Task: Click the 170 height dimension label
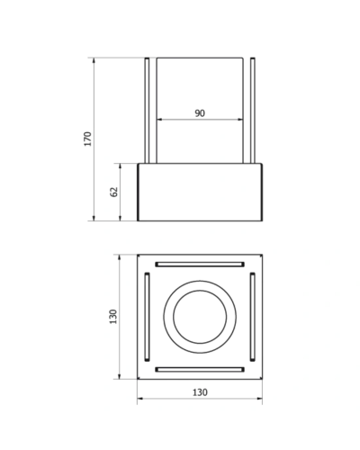click(x=87, y=139)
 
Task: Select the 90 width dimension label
click(x=200, y=113)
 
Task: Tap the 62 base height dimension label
click(x=114, y=192)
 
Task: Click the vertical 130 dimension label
click(x=113, y=317)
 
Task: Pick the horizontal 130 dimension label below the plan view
click(x=200, y=392)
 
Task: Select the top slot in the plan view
click(x=200, y=265)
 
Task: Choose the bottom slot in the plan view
click(x=200, y=369)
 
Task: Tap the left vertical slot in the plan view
click(x=147, y=317)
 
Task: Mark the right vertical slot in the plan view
click(x=253, y=317)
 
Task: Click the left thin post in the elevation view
click(x=147, y=111)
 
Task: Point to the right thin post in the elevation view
click(x=253, y=111)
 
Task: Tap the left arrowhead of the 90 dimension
click(x=159, y=120)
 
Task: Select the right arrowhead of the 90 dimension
click(x=240, y=120)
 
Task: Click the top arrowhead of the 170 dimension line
click(x=94, y=60)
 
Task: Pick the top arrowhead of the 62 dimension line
click(x=120, y=166)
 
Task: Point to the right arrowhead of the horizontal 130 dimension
click(x=259, y=399)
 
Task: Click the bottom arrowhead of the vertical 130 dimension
click(x=120, y=376)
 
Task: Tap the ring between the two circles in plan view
click(x=168, y=317)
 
